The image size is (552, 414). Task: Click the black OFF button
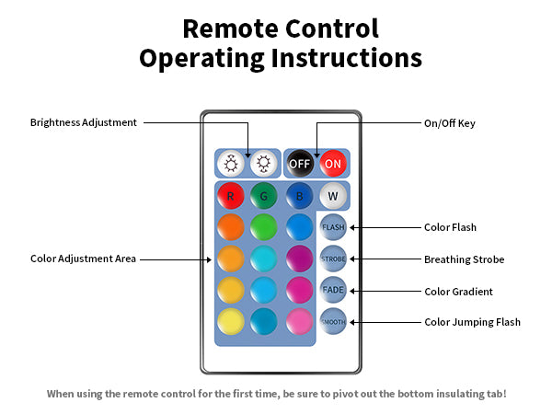(x=299, y=164)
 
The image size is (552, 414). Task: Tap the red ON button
(x=332, y=164)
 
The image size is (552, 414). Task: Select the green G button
(x=264, y=196)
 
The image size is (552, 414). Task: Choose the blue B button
(x=298, y=196)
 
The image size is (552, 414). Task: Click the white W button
(x=332, y=196)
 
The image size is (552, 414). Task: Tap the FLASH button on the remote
(x=332, y=227)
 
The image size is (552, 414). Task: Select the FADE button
(x=332, y=290)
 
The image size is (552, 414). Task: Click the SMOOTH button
(x=332, y=322)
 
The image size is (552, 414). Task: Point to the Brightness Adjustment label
(x=84, y=122)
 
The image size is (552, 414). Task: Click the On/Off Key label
(x=450, y=122)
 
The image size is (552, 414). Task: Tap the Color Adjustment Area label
(x=84, y=259)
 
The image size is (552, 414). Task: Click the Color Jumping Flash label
(x=472, y=322)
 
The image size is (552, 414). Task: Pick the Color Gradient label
(x=458, y=291)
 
